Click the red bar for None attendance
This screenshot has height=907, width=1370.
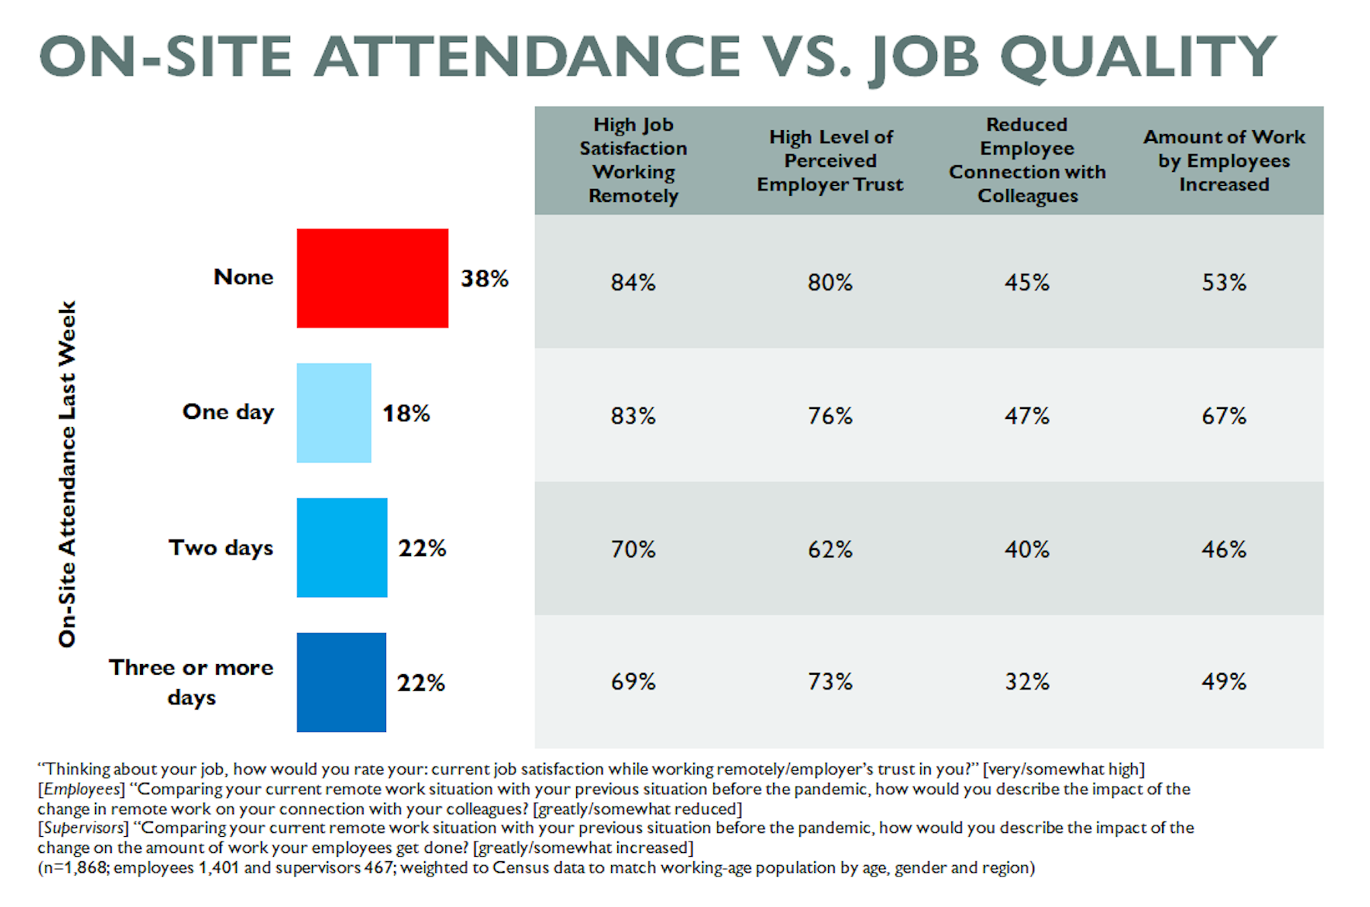tap(372, 278)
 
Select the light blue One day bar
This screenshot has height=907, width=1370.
tap(333, 413)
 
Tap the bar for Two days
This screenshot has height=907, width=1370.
tap(342, 548)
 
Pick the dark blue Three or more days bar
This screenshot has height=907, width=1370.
tap(341, 682)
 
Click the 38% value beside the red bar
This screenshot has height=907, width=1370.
tap(484, 279)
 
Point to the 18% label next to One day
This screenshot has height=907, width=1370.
tap(406, 414)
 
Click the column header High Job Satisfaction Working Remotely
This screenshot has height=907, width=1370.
tap(633, 160)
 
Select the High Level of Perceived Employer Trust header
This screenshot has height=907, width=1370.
tap(830, 161)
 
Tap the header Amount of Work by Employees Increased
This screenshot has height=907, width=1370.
tap(1224, 161)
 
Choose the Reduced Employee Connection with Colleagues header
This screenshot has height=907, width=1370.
tap(1027, 160)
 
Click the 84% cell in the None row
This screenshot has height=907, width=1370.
tap(633, 283)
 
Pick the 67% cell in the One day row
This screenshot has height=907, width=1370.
tap(1224, 416)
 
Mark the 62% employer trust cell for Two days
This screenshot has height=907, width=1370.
tap(830, 549)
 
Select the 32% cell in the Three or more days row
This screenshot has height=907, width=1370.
tap(1027, 682)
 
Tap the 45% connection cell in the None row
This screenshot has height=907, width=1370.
tap(1027, 283)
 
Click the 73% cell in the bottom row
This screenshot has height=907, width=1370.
tap(830, 682)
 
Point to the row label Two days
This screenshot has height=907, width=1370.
tap(221, 548)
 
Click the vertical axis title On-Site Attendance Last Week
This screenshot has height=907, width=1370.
tap(68, 474)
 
